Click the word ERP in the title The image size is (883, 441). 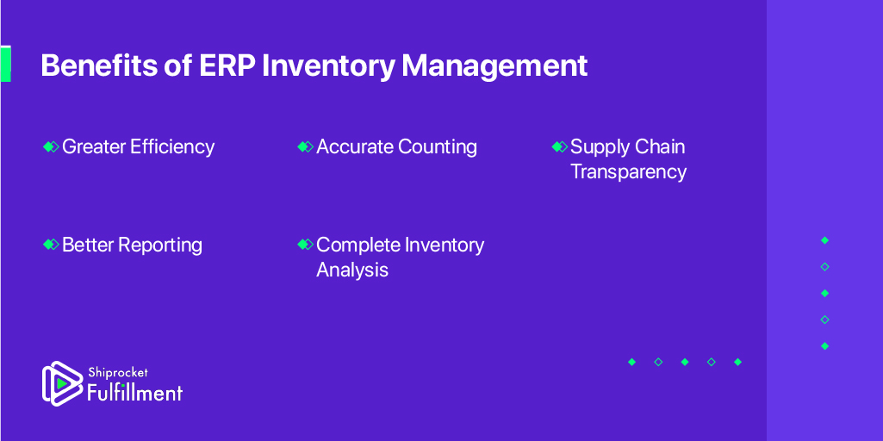click(x=227, y=66)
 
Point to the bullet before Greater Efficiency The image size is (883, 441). click(x=51, y=147)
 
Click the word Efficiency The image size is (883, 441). click(x=172, y=147)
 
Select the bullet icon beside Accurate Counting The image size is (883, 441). click(x=305, y=147)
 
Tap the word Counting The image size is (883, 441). click(x=438, y=147)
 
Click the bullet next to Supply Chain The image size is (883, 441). click(x=560, y=147)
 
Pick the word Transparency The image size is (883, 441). click(x=629, y=171)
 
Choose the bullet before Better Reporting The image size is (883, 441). click(x=51, y=245)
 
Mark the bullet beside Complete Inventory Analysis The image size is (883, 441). click(x=305, y=245)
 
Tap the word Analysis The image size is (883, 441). click(x=352, y=270)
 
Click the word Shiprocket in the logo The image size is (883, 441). click(x=118, y=374)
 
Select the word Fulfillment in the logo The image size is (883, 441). click(x=134, y=392)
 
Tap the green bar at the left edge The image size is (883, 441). click(x=5, y=65)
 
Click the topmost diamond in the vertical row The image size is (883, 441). click(x=825, y=240)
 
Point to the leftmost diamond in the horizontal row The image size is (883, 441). click(x=631, y=362)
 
